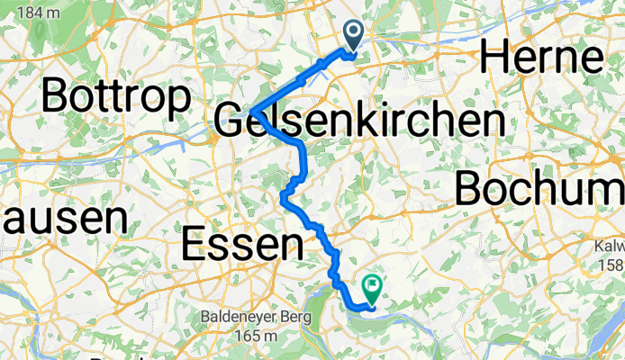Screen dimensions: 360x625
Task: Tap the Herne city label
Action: click(542, 58)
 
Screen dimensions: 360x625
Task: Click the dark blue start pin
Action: click(352, 37)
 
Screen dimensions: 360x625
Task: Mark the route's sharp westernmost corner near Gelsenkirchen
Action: click(252, 112)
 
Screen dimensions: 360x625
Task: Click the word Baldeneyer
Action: click(239, 318)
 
